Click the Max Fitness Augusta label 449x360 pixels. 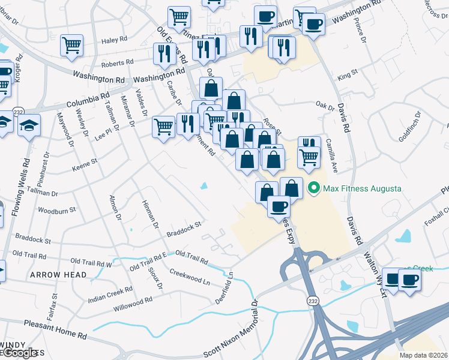tap(362, 188)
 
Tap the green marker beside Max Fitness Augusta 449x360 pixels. tap(313, 188)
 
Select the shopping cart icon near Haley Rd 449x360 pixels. tap(72, 45)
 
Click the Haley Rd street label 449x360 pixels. tap(115, 40)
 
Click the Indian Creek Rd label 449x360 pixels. tap(110, 295)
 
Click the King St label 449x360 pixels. tap(347, 76)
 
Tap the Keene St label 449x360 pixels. tap(85, 162)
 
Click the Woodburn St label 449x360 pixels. tap(57, 211)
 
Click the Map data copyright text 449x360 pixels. tap(424, 355)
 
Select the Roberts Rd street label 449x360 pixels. tap(117, 63)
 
